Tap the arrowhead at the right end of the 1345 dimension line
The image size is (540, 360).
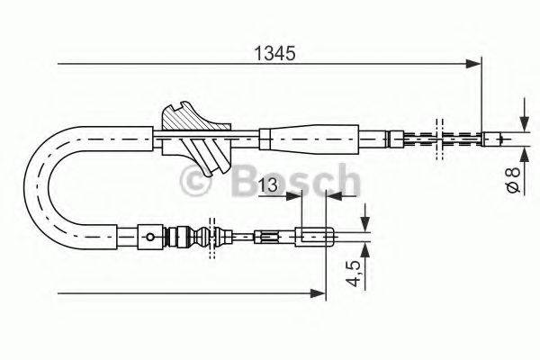[473, 63]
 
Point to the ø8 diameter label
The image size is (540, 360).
[510, 175]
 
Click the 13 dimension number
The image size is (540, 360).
[266, 185]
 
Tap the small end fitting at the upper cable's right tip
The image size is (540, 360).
[494, 139]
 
